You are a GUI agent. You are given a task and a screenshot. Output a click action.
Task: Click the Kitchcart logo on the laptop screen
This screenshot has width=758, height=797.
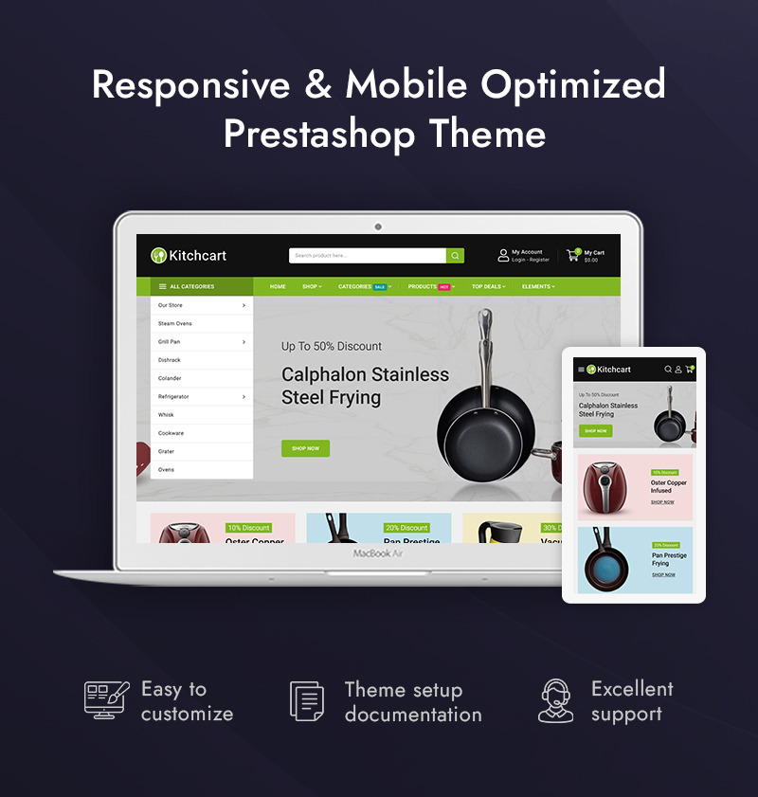[189, 255]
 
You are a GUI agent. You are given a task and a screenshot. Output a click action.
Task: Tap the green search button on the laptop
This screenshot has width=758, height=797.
[455, 255]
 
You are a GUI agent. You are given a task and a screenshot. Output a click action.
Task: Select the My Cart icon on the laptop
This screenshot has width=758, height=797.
[573, 254]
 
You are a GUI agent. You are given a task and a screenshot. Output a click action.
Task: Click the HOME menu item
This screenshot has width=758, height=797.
[278, 286]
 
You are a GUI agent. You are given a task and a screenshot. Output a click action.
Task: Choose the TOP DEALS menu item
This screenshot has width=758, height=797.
[489, 286]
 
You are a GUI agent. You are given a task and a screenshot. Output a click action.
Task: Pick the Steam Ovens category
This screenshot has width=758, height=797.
[174, 323]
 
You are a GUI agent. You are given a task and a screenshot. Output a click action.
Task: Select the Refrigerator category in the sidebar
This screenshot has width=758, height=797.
[173, 396]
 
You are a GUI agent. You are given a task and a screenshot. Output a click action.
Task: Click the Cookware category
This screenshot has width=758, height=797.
[171, 433]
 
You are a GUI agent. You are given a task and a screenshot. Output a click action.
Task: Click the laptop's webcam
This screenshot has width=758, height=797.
[378, 226]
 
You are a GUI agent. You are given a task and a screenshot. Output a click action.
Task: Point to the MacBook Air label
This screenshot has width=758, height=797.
[378, 552]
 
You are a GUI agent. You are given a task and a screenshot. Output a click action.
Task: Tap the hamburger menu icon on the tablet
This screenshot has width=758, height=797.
[581, 370]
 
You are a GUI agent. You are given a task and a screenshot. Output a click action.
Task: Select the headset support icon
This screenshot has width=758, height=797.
[555, 700]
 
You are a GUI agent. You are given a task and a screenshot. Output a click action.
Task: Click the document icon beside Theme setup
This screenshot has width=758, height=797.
[307, 701]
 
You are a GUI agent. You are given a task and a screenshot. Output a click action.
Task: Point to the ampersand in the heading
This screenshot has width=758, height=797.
[317, 85]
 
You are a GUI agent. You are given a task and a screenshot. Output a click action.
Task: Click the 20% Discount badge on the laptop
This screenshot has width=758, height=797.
[406, 528]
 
